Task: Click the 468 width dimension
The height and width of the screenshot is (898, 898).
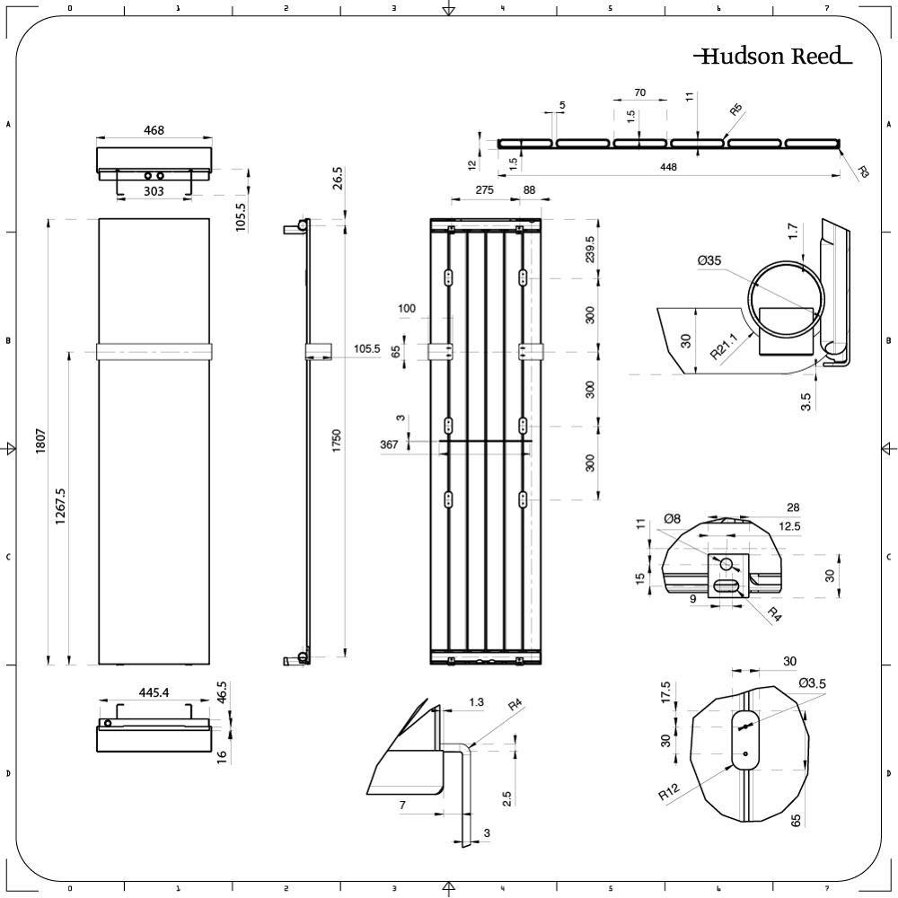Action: pos(154,130)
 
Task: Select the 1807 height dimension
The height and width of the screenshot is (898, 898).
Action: pos(40,441)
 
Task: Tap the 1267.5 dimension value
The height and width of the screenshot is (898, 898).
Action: pos(60,506)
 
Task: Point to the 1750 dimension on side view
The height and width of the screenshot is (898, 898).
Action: pos(337,441)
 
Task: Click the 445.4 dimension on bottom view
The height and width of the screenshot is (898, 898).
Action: pos(154,692)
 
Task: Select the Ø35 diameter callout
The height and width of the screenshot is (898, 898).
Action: pos(709,260)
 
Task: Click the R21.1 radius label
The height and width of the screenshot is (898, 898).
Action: pos(724,345)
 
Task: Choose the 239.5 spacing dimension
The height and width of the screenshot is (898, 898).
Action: pos(589,251)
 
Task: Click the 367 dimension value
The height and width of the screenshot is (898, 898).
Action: pos(389,445)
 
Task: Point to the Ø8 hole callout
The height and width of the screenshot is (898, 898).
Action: pos(672,518)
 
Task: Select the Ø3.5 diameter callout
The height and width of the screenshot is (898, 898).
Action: pos(812,683)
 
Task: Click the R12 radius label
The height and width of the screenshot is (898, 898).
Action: pos(667,793)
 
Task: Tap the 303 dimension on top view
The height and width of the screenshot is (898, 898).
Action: pos(154,191)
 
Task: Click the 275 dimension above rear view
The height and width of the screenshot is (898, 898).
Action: pos(485,189)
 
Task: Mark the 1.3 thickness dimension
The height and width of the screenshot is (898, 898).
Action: pos(476,701)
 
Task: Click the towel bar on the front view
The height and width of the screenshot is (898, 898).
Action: pos(154,350)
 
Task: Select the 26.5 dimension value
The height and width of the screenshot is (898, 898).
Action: pos(337,177)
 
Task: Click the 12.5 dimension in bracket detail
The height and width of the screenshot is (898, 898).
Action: pos(764,525)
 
